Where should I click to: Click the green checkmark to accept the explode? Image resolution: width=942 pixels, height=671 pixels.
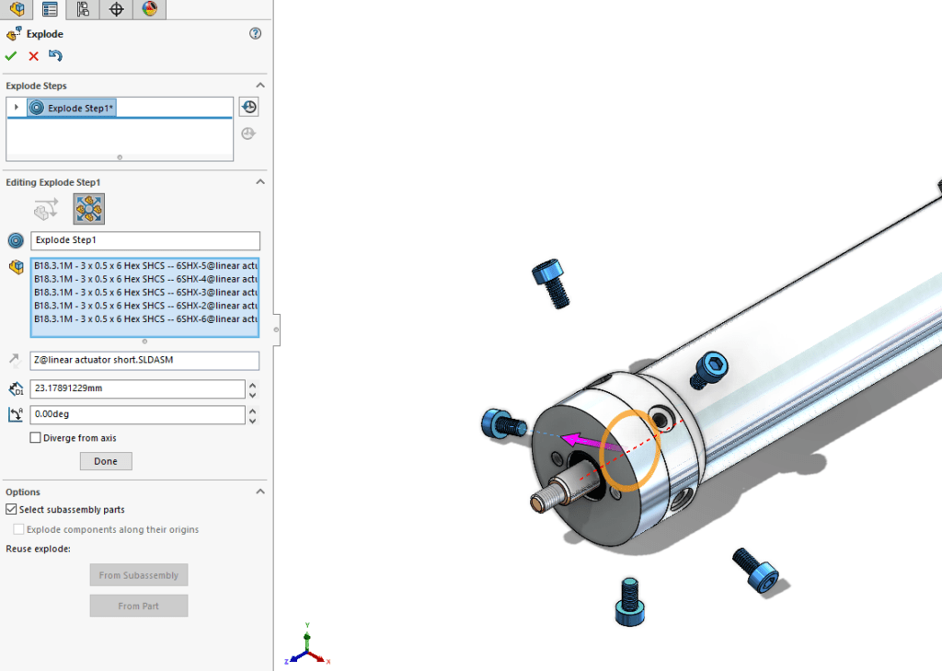11,56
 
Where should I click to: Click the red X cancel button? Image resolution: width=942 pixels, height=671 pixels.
34,56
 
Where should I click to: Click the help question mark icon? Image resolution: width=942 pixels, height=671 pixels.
256,34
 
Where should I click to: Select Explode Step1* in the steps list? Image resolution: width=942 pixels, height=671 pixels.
80,108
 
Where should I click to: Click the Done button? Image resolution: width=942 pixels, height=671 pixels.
106,461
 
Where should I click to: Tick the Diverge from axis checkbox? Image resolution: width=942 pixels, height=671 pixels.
36,438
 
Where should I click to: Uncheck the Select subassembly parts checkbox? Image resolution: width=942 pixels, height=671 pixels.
11,509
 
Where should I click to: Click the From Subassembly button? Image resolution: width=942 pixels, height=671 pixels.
138,575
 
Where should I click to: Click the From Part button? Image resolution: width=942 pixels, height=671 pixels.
138,606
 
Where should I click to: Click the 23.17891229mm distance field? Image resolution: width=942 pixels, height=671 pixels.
138,388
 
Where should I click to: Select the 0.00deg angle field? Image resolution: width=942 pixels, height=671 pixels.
138,415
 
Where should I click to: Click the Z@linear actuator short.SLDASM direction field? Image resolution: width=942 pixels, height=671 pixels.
144,360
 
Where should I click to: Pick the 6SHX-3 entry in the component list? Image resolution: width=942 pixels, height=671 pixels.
144,292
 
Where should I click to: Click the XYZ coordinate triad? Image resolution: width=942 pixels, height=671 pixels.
306,648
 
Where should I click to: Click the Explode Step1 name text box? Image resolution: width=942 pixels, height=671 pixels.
144,240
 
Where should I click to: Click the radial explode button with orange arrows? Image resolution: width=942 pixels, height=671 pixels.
89,209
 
